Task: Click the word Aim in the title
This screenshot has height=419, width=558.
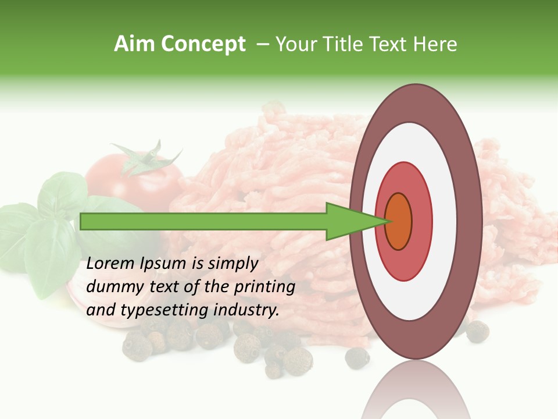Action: point(134,44)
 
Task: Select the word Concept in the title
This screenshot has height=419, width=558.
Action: point(203,44)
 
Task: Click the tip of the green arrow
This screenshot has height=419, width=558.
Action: point(387,221)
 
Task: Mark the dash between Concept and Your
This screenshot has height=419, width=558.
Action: point(262,45)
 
